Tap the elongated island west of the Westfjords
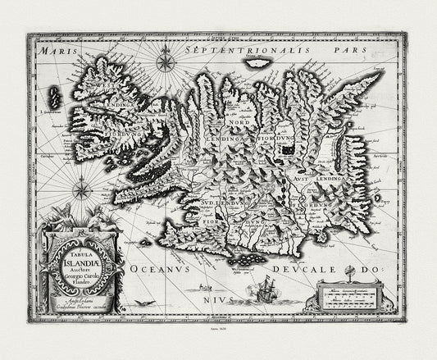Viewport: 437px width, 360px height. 55,98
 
